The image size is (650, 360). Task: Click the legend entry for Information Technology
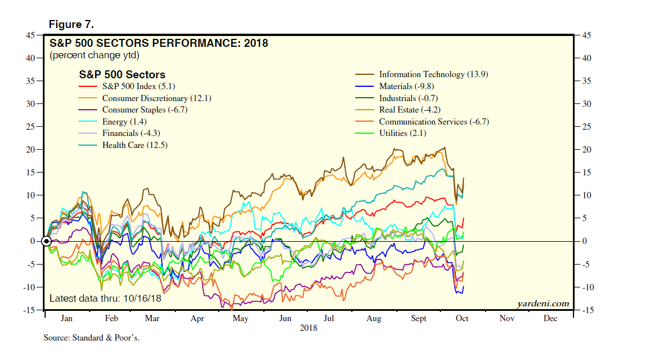coord(434,74)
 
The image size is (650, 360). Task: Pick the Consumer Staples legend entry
coord(145,110)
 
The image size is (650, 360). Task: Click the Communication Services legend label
coord(434,122)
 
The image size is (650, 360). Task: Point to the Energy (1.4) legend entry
coord(126,122)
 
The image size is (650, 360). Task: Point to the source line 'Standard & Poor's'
coord(91,338)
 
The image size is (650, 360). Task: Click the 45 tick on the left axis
coord(30,35)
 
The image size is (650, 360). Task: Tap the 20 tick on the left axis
coord(30,150)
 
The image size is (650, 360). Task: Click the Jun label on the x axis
coord(285,318)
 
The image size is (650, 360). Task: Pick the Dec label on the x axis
coord(550,318)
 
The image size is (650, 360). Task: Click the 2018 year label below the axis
coord(308,328)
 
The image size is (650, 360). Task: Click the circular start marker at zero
coord(47,241)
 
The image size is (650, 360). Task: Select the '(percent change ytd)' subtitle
coord(94,55)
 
